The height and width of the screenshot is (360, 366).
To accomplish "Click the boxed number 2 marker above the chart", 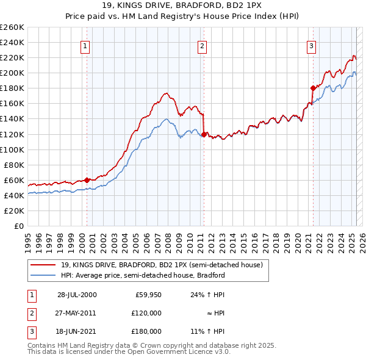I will (202, 45).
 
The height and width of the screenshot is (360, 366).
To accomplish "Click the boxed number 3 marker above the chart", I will (311, 45).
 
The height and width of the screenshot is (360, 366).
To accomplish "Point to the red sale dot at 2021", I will (312, 88).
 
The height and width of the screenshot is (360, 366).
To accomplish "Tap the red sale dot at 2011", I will (203, 134).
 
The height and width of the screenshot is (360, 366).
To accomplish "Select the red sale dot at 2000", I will (87, 179).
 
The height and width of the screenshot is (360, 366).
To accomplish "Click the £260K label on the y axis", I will (12, 27).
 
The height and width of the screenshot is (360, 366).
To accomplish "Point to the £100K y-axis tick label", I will (12, 149).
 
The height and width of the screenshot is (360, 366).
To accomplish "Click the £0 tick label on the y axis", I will (18, 226).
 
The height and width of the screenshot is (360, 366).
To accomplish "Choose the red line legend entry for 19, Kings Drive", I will (162, 265).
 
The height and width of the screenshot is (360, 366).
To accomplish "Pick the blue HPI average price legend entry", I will (143, 275).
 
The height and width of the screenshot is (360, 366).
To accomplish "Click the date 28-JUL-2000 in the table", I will (77, 295).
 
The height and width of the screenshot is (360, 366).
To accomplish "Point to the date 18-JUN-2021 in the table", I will (77, 331).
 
